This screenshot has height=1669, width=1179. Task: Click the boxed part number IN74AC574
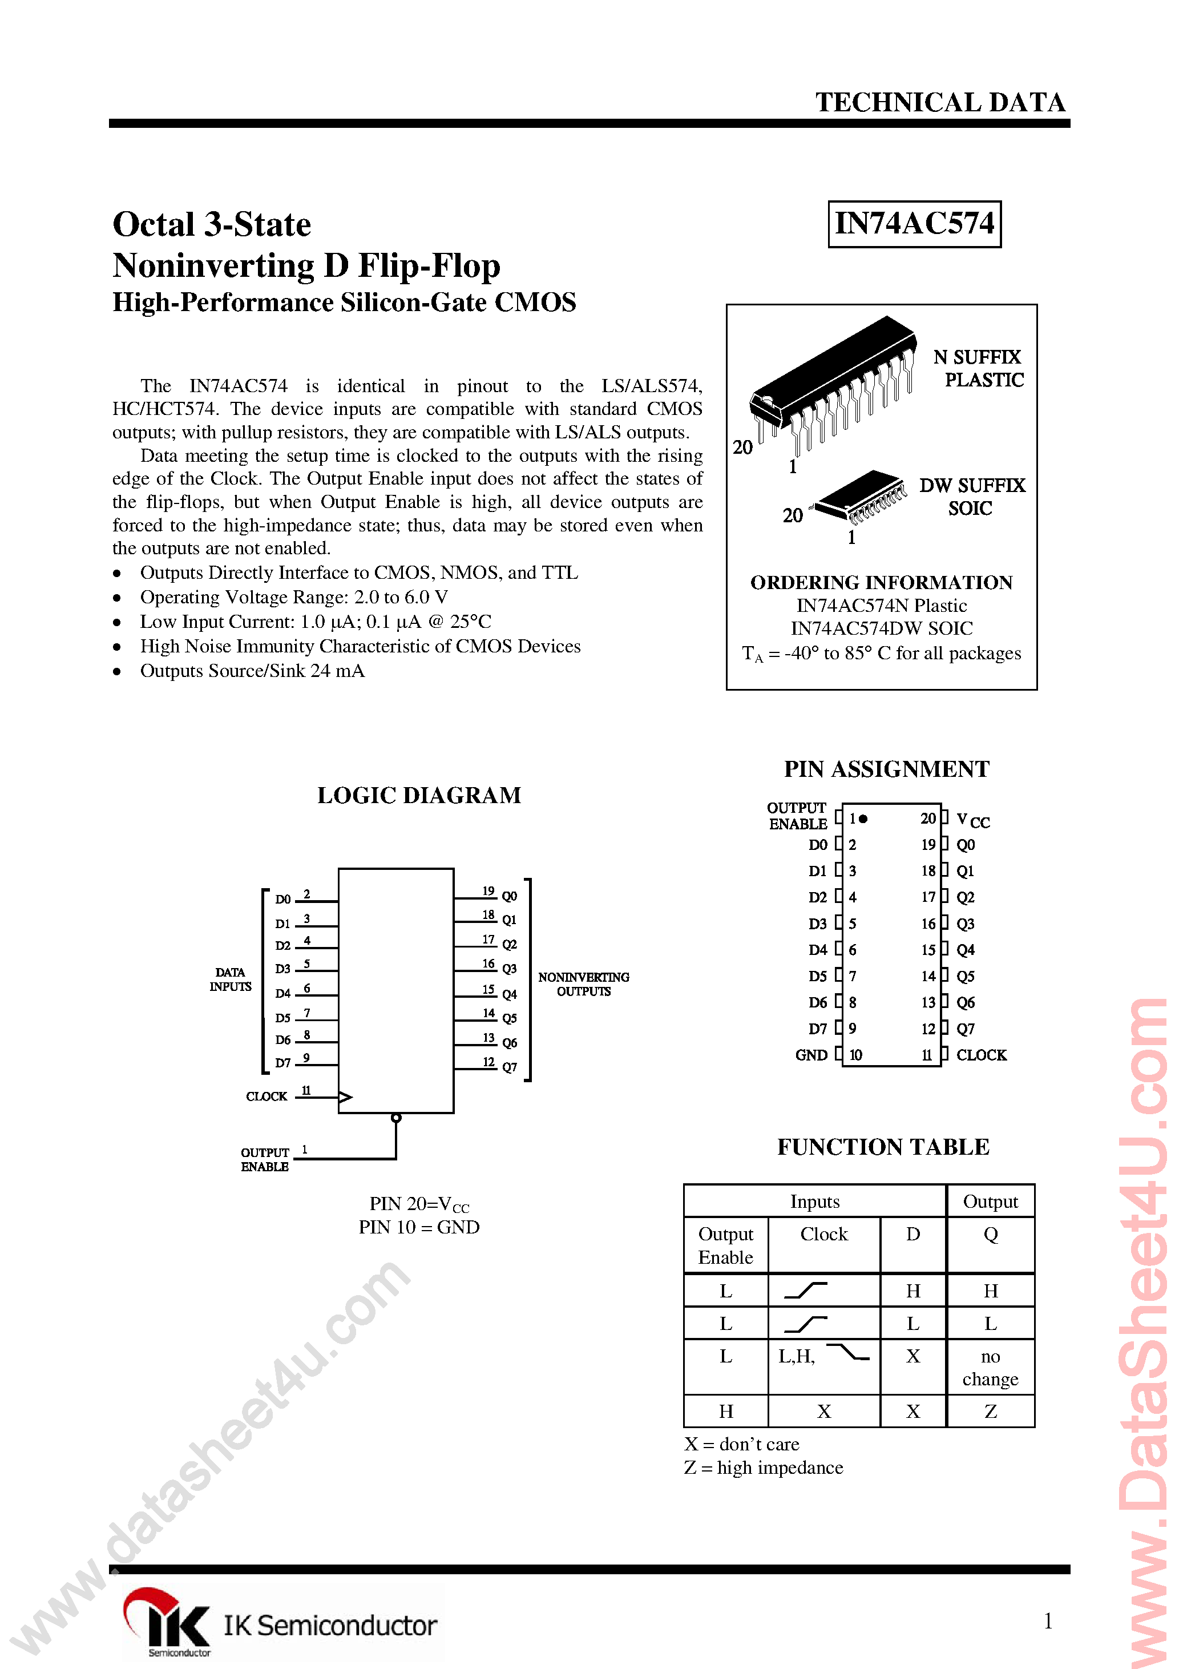coord(914,224)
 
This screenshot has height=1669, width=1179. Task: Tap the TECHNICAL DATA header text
coord(940,103)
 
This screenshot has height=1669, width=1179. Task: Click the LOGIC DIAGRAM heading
coord(419,795)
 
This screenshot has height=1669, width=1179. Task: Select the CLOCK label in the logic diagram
coord(266,1096)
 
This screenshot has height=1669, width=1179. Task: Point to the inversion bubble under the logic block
coord(396,1118)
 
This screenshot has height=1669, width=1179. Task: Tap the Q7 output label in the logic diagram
coord(510,1067)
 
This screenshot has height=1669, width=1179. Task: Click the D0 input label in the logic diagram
coord(282,899)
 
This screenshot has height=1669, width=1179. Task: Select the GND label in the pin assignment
coord(811,1055)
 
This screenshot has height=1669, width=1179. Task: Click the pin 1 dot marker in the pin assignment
coord(863,819)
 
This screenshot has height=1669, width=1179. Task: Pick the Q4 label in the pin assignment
coord(966,950)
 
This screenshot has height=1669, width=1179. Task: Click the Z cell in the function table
coord(990,1411)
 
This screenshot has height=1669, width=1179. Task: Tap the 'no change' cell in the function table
coord(990,1367)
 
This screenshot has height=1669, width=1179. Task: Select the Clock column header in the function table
coord(823,1234)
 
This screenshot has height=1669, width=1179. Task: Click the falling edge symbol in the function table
coord(848,1353)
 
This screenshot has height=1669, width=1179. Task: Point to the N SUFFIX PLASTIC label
coord(978,369)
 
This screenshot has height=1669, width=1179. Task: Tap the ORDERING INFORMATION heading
coord(881,583)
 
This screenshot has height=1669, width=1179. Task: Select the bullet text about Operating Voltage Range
coord(294,598)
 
